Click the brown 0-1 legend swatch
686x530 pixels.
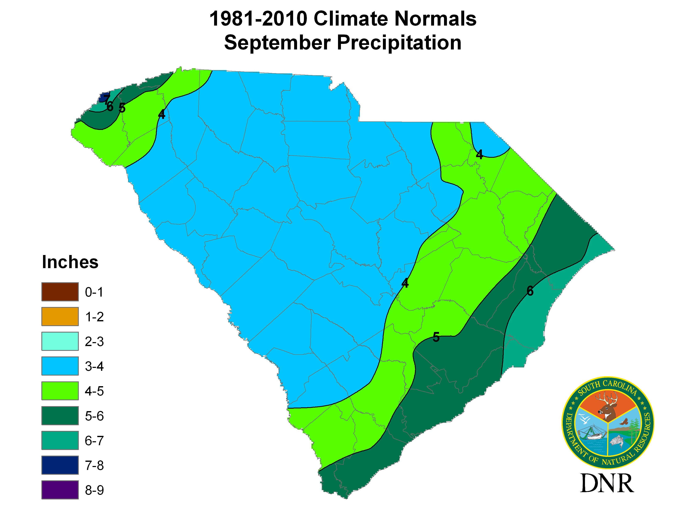[60, 292]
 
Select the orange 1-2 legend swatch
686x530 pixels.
[60, 317]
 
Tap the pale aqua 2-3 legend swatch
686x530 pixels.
[60, 341]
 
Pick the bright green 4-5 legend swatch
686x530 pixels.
[60, 391]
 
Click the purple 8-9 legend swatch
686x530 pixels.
[60, 490]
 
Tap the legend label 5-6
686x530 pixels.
[94, 416]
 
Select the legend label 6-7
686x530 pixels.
[94, 441]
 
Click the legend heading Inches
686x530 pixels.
[70, 262]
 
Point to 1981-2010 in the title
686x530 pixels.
[258, 19]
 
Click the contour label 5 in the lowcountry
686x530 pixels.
[436, 337]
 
